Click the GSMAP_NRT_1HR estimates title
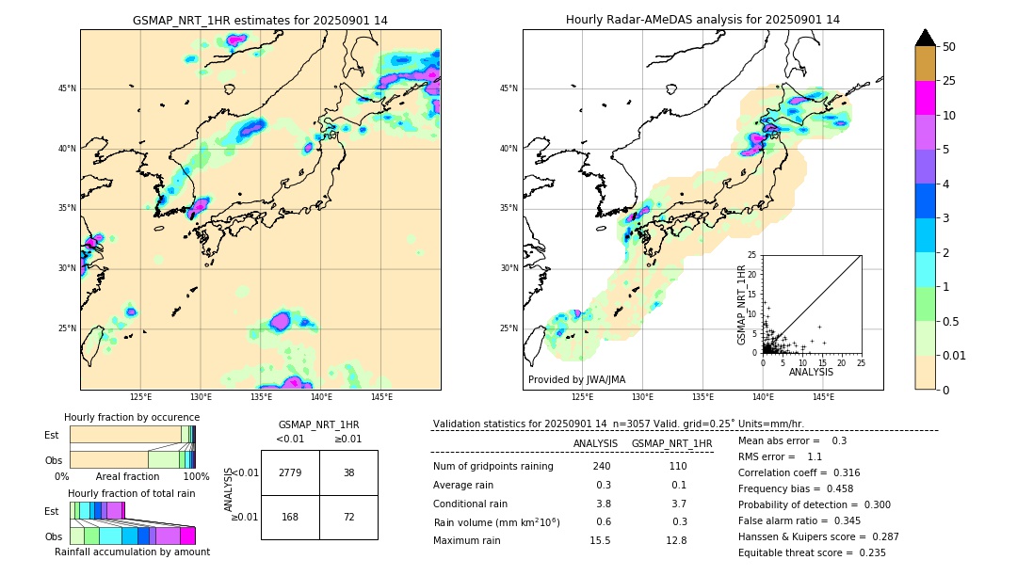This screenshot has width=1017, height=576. point(260,20)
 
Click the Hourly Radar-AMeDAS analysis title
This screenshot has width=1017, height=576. point(702,20)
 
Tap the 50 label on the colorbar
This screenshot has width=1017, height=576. point(949,47)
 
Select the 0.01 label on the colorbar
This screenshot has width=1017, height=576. point(955,355)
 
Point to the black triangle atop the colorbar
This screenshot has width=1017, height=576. point(926,38)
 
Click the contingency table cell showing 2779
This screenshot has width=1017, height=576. point(290,472)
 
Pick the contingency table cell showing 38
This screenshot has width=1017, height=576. point(348,472)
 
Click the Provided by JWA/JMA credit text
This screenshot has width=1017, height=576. point(576,380)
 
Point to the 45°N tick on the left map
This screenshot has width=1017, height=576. point(67,88)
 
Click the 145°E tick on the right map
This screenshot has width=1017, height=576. point(823,398)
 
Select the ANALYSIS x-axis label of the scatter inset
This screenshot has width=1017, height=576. point(811,372)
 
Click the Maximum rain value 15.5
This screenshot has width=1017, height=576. point(600,540)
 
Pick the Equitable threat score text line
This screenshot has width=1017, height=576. point(812,552)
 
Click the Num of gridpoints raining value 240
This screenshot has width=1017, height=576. point(602,466)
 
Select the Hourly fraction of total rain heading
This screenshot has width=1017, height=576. point(131,493)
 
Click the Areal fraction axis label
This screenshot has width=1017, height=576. point(128,476)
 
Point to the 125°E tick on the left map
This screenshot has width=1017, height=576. point(141,398)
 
